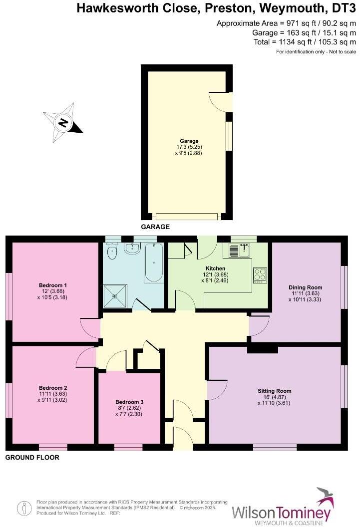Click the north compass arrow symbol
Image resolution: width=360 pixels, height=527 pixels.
pyautogui.click(x=63, y=121)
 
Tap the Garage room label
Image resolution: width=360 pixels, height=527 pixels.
pyautogui.click(x=189, y=141)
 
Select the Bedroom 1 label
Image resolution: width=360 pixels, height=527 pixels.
pyautogui.click(x=53, y=285)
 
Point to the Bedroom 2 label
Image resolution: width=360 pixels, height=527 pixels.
pyautogui.click(x=53, y=388)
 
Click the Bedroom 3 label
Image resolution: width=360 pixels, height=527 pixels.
pyautogui.click(x=129, y=402)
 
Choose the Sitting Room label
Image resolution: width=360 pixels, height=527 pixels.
pyautogui.click(x=274, y=391)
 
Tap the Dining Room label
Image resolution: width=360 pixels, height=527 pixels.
pyautogui.click(x=305, y=287)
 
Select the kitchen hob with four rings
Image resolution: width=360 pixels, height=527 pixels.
pyautogui.click(x=260, y=275)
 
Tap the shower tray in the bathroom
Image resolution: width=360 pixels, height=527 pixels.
pyautogui.click(x=115, y=295)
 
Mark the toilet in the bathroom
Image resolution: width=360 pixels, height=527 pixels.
pyautogui.click(x=111, y=253)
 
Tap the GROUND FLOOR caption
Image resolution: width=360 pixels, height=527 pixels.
pyautogui.click(x=32, y=457)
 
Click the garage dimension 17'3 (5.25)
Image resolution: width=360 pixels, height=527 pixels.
pyautogui.click(x=189, y=147)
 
